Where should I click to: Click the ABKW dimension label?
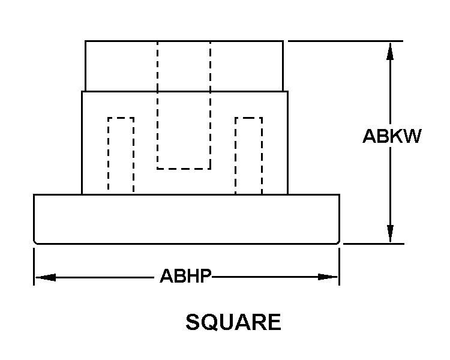392,137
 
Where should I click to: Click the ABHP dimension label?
185,277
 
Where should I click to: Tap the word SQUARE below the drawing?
233,322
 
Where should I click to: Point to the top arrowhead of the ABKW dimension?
391,50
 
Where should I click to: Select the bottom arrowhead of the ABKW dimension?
391,234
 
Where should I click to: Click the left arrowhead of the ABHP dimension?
45,277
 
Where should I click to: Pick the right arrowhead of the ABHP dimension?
328,277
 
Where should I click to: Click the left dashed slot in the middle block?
121,155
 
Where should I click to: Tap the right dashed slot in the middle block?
248,155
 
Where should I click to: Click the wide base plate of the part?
187,219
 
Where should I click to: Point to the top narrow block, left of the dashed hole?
121,66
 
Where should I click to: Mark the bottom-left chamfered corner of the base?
36,242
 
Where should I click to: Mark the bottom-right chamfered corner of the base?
338,242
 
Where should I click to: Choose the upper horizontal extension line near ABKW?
346,41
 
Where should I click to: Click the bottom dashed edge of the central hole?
184,168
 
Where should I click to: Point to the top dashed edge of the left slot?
121,118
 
